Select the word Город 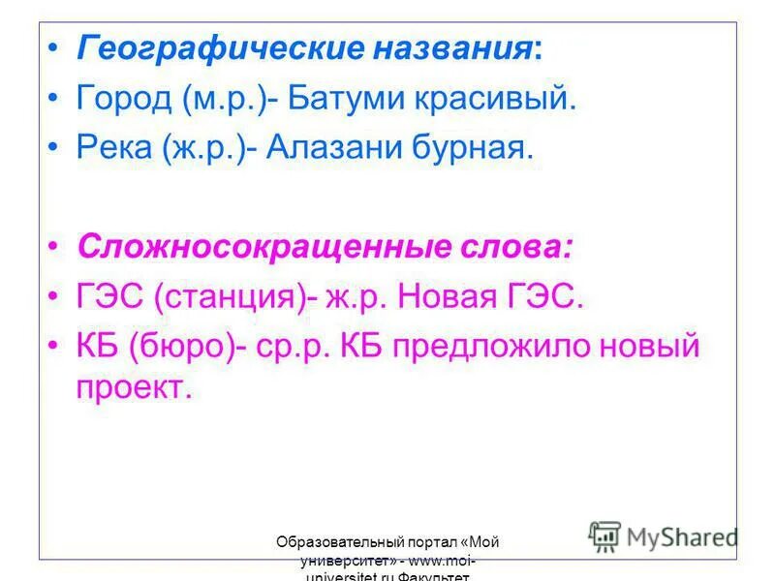(x=123, y=99)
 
